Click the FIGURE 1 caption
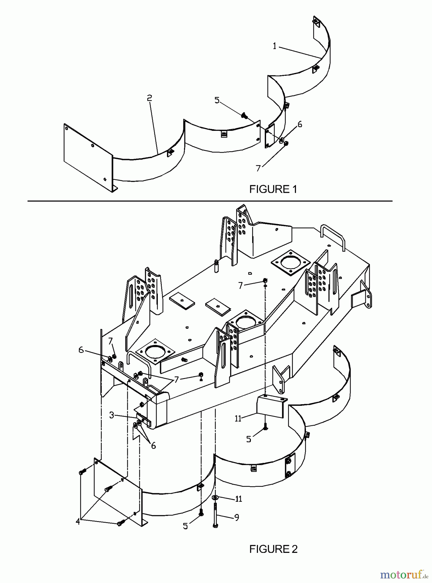pos(273,189)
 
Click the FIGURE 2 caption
pos(273,549)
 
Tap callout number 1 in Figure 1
pos(274,46)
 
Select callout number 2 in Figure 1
pos(149,98)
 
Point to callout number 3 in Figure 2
pos(112,415)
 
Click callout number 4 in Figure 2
pos(78,522)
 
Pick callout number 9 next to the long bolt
pos(237,518)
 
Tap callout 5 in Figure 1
pos(217,100)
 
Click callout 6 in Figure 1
pos(300,124)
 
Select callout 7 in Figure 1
pos(258,168)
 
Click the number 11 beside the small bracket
pos(238,418)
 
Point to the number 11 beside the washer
pos(239,499)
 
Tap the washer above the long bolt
pos(215,497)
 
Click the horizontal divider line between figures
pos(210,201)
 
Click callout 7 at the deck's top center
pos(240,285)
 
